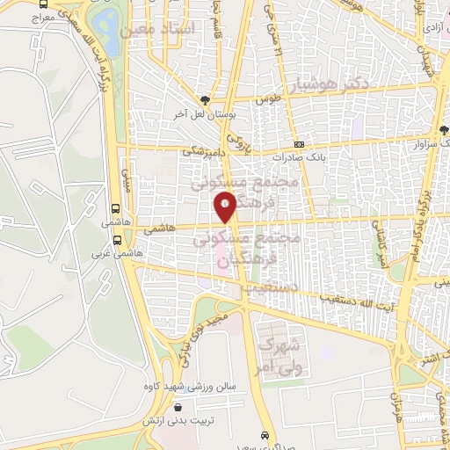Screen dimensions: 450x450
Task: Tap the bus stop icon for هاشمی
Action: tap(116, 210)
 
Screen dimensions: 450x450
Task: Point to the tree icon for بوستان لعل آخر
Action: tap(206, 100)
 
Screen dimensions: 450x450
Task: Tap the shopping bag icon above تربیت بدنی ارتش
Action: tap(179, 407)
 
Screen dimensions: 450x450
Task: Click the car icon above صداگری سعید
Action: tap(265, 435)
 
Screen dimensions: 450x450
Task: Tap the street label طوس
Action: tap(268, 101)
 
